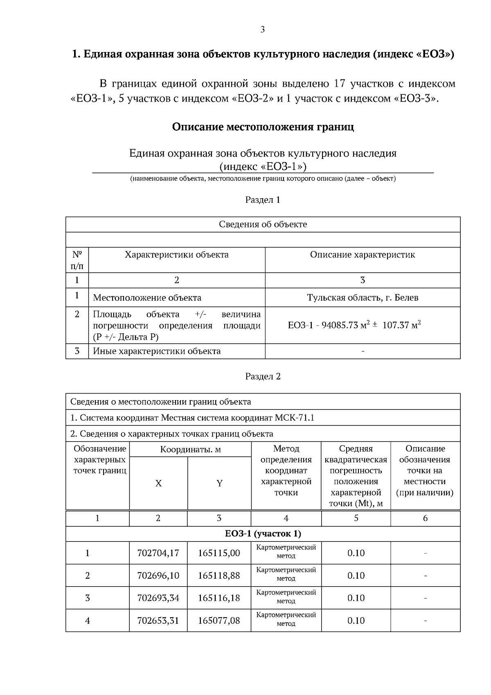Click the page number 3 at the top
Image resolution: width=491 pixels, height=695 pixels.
262,29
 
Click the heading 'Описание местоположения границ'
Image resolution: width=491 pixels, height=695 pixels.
263,127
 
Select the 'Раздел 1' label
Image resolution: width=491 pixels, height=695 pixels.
263,200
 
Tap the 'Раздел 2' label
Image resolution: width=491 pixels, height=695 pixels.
263,376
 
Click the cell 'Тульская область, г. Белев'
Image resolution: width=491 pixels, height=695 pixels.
363,298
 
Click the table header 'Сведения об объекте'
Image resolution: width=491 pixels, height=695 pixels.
263,224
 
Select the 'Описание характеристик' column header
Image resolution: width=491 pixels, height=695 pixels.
363,255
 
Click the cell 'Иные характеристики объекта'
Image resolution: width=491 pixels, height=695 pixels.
157,351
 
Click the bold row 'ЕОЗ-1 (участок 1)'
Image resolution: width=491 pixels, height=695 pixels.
263,534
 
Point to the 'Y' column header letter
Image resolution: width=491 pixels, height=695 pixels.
219,484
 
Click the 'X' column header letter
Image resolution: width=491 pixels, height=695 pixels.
158,484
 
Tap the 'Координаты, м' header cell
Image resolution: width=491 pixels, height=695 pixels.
190,450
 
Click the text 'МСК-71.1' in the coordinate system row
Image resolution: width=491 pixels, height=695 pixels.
295,418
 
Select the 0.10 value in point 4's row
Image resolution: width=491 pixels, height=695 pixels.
356,621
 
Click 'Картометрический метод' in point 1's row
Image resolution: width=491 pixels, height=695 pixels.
286,552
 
